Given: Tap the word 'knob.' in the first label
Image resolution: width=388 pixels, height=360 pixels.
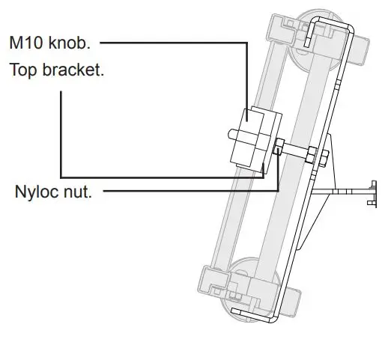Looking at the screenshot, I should tap(70, 43).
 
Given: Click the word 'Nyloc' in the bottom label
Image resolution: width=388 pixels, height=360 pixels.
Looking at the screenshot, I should tap(36, 192).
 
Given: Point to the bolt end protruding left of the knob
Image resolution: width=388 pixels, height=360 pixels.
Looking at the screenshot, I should tap(235, 135).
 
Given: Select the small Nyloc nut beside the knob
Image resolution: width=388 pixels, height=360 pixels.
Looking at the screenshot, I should tap(278, 147).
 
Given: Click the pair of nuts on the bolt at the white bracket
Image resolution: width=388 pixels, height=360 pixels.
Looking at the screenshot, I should tap(323, 157).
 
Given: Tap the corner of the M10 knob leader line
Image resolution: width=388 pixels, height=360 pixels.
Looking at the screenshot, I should tap(246, 43).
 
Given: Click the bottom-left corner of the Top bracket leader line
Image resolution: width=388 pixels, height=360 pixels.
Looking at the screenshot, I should tap(61, 177).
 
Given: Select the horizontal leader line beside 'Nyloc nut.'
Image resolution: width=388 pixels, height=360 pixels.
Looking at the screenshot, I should tap(187, 192).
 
